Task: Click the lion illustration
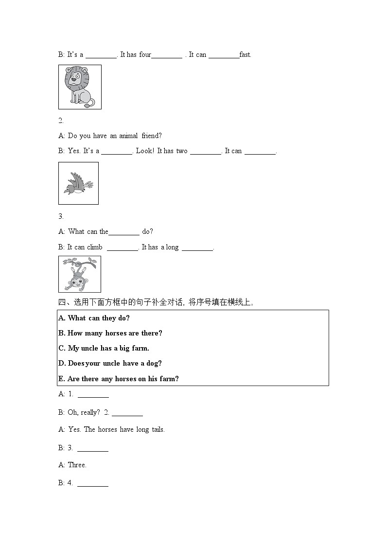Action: (x=80, y=87)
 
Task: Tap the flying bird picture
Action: (x=78, y=183)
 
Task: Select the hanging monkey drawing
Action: (x=80, y=274)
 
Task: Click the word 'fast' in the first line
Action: (x=246, y=55)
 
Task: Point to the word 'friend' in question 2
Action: (x=152, y=136)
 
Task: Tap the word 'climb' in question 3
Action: (x=95, y=247)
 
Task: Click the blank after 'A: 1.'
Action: (x=93, y=395)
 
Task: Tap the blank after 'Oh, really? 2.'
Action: (x=127, y=413)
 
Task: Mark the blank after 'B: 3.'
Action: (x=93, y=448)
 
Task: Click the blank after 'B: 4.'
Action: (x=93, y=484)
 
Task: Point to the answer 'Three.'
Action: (x=77, y=465)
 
